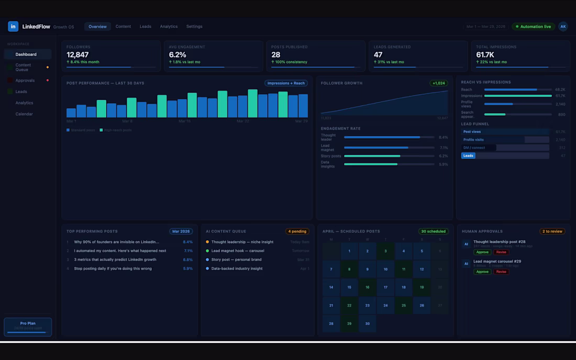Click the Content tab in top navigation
tap(123, 27)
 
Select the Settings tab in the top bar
tap(194, 27)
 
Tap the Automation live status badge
tap(533, 27)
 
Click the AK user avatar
tap(563, 27)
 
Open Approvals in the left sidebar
tap(25, 81)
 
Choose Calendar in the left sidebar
tap(24, 114)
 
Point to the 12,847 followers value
tap(77, 55)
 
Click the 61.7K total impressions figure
tap(485, 55)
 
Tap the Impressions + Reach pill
tap(286, 83)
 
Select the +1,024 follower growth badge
tap(438, 83)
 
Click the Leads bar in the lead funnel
tap(468, 155)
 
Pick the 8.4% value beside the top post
tap(187, 242)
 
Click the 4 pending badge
tap(297, 231)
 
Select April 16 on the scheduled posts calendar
tap(367, 287)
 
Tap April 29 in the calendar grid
tap(349, 323)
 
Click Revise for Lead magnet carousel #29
tap(501, 272)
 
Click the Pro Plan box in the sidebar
tap(28, 327)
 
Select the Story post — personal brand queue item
tap(236, 260)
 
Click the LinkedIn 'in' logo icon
tap(13, 27)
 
